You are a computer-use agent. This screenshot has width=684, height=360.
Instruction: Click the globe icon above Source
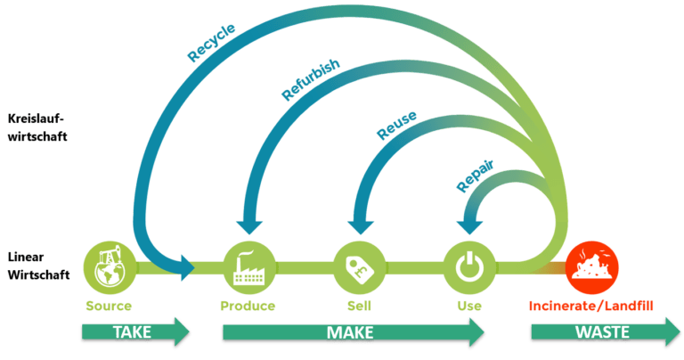coord(109,265)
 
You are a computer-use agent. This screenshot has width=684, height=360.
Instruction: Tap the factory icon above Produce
coord(247,265)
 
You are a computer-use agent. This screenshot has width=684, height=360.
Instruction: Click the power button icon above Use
coord(468,265)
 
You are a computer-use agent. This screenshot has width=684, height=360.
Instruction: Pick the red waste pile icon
coord(590,265)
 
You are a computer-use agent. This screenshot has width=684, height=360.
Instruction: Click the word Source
coord(109,306)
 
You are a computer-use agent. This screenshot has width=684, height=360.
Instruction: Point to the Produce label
coord(248,306)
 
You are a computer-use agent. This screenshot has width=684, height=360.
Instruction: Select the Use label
coord(468,306)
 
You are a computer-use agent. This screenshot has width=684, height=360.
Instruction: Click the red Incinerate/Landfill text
coord(590,306)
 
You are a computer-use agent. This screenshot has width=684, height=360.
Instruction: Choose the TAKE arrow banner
coord(134,333)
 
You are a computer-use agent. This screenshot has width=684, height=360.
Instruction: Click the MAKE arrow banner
coord(352,333)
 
